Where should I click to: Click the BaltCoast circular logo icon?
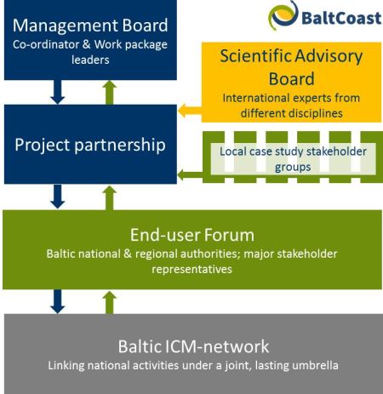click(x=283, y=14)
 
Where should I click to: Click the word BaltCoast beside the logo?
click(x=341, y=18)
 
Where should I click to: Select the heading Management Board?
click(x=90, y=26)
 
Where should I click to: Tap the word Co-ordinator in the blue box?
click(x=46, y=44)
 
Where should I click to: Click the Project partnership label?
click(x=90, y=145)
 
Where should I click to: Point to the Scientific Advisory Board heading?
click(x=291, y=67)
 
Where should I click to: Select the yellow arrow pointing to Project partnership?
click(x=190, y=111)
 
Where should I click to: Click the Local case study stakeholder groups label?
click(x=293, y=159)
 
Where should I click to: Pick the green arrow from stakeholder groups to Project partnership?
click(x=190, y=174)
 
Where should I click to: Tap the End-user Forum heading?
click(x=192, y=235)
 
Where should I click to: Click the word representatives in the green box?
click(x=191, y=269)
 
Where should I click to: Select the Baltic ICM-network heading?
click(x=193, y=346)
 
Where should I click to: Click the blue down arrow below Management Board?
click(x=58, y=92)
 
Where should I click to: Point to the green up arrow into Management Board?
click(x=110, y=93)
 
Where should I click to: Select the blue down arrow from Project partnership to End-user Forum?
click(x=58, y=197)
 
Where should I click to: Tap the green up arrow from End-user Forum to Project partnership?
click(x=110, y=197)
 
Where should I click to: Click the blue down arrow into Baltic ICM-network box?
click(x=58, y=301)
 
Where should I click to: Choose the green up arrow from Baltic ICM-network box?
click(x=110, y=303)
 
